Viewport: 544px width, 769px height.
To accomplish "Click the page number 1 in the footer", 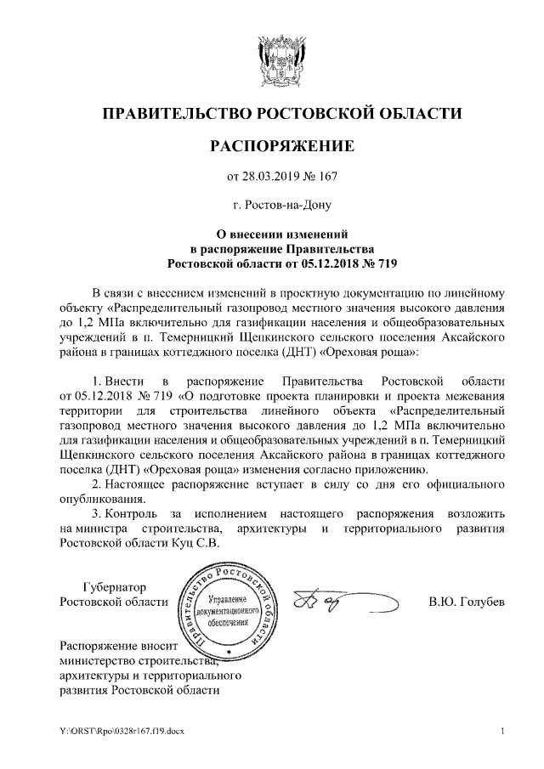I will pyautogui.click(x=503, y=732).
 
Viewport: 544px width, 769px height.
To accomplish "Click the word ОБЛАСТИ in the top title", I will pyautogui.click(x=417, y=113).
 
